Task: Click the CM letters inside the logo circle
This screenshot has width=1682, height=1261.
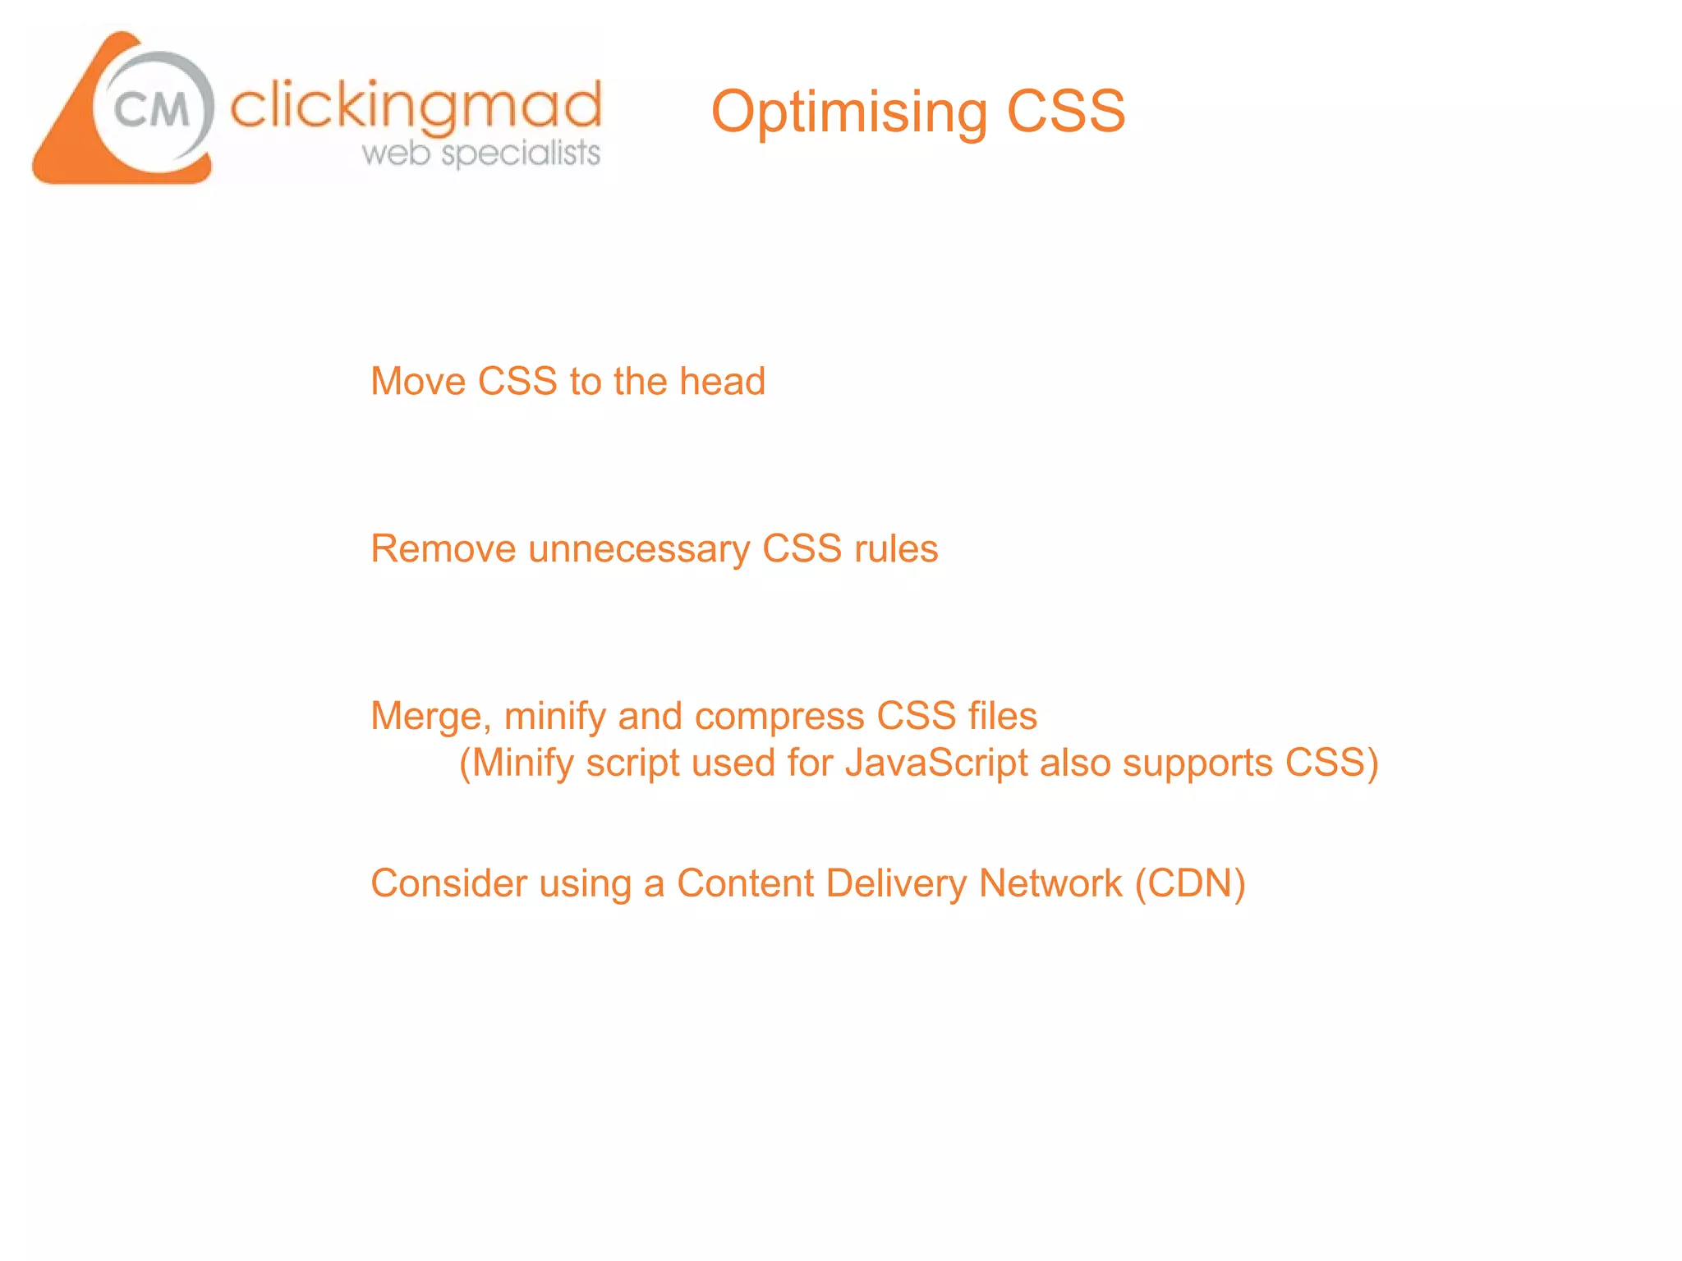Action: pos(152,109)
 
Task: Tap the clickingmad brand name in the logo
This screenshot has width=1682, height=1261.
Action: pos(416,107)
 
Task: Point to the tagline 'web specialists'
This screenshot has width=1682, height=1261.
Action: pos(481,154)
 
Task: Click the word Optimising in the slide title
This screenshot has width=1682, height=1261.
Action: pos(848,112)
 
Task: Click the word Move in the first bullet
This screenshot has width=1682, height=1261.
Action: pos(418,382)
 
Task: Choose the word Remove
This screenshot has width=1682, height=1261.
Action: pos(443,549)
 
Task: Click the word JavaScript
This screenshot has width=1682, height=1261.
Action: pos(936,763)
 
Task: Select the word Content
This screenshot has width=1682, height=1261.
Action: pos(745,884)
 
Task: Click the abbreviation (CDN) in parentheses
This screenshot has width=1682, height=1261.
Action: pos(1190,884)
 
